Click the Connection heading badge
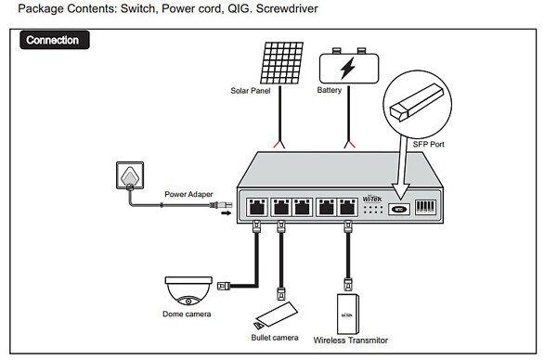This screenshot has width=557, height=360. click(x=55, y=40)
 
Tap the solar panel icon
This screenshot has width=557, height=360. click(x=281, y=63)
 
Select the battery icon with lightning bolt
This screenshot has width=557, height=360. click(x=349, y=67)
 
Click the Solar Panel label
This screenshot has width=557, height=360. click(x=251, y=91)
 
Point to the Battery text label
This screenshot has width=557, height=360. click(x=330, y=90)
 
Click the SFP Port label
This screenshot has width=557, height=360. click(x=428, y=144)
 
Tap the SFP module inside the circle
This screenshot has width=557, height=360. click(x=417, y=102)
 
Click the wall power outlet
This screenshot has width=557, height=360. click(x=130, y=175)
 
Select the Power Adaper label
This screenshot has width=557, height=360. click(x=188, y=194)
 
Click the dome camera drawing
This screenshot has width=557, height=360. click(x=188, y=290)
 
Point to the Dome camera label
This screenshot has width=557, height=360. click(x=187, y=314)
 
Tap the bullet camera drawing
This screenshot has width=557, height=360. click(x=276, y=315)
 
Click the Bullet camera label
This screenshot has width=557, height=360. click(x=275, y=338)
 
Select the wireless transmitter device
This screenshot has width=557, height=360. click(x=347, y=314)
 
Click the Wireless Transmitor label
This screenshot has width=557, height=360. click(x=351, y=341)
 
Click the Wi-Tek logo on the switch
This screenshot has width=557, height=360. click(x=372, y=199)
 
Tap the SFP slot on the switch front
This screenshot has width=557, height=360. click(x=399, y=209)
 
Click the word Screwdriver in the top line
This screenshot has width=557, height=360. click(x=287, y=8)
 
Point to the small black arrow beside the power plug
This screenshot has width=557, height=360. click(x=227, y=213)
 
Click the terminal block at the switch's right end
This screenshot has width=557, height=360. click(x=425, y=207)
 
